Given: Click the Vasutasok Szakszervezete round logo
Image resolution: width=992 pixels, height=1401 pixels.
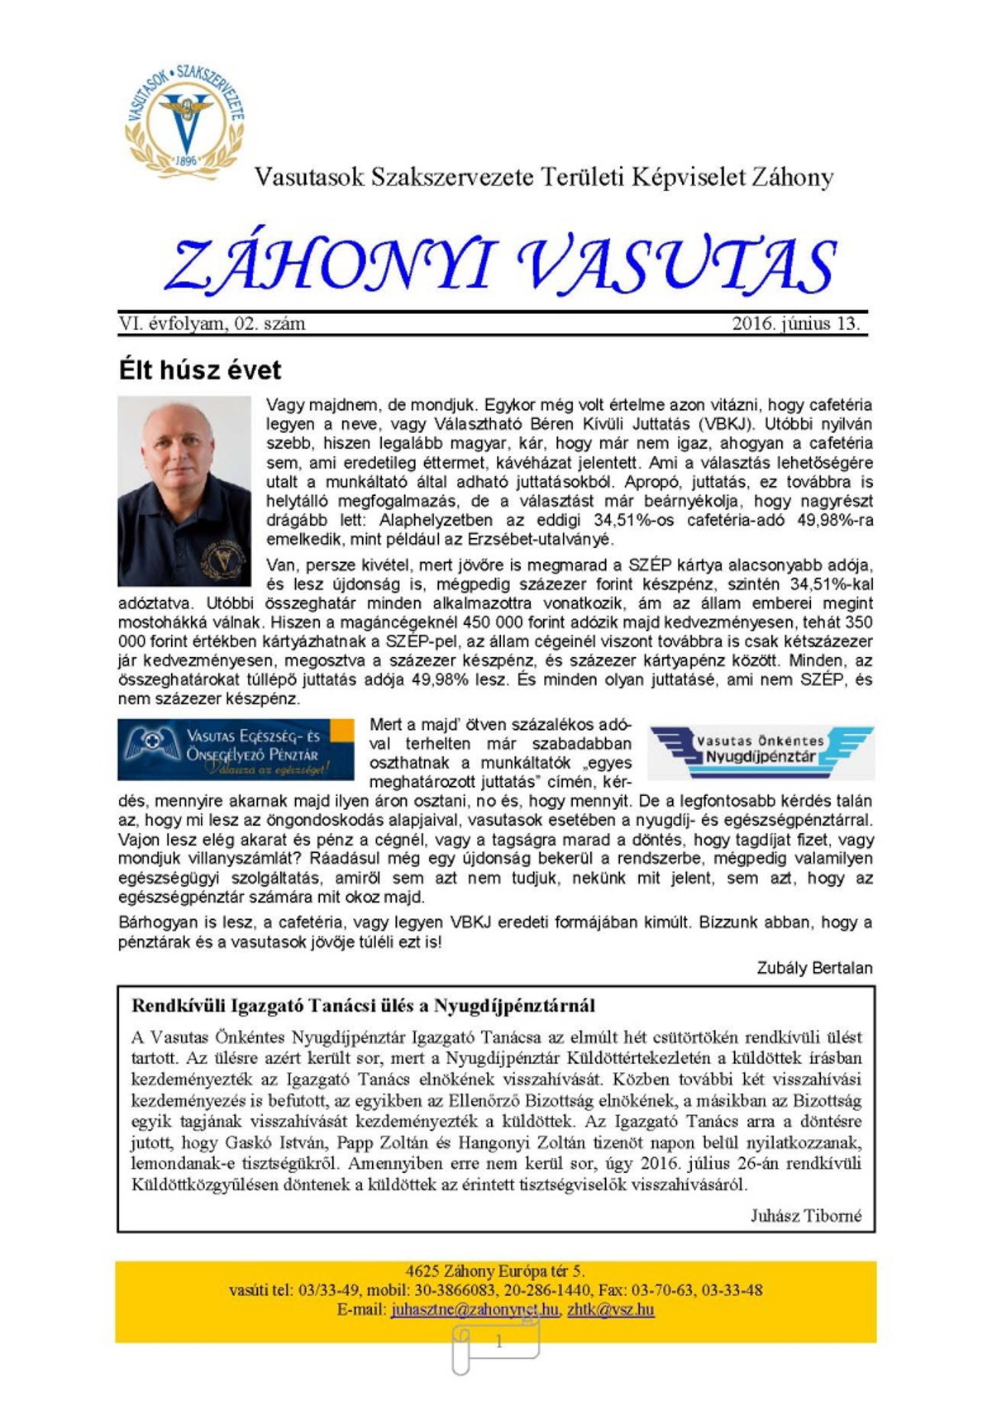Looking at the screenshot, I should click(x=184, y=120).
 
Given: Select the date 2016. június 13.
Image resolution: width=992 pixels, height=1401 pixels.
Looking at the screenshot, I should click(x=795, y=324).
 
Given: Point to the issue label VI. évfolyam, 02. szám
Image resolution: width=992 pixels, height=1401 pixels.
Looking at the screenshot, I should click(x=212, y=324).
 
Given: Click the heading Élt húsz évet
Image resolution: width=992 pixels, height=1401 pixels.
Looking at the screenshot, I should click(x=200, y=369).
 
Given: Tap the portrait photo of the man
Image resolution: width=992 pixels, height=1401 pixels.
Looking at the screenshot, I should click(x=184, y=491).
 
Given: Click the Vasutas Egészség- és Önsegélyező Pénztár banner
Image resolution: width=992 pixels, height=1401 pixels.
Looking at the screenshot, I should click(x=236, y=750).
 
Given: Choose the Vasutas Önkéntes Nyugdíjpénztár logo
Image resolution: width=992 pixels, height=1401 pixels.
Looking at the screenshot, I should click(x=761, y=752).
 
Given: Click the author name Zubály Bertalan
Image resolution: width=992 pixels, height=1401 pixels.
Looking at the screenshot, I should click(x=814, y=968).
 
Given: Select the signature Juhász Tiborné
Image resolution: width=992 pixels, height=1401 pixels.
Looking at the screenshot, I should click(x=806, y=1216).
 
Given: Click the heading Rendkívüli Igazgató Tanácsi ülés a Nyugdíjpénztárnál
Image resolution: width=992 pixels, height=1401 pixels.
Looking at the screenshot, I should click(x=363, y=1006).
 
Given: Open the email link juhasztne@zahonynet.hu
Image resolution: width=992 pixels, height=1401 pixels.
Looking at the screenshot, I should click(x=475, y=1310).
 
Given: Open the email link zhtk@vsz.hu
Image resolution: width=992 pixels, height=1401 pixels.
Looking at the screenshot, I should click(x=610, y=1310).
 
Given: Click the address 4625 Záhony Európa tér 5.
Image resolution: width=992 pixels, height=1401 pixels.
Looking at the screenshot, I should click(x=495, y=1271).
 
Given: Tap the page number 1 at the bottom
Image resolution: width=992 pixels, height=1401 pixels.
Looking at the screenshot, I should click(x=498, y=1342).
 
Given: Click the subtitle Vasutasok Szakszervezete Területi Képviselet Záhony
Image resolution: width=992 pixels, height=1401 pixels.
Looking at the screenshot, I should click(x=544, y=177).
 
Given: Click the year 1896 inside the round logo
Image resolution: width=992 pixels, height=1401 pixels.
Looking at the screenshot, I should click(x=187, y=160).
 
